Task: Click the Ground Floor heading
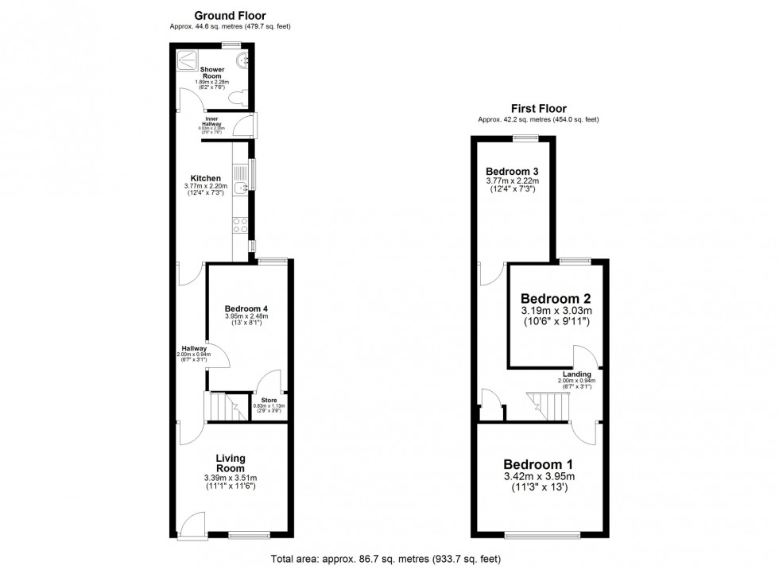point(230,15)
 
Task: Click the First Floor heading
point(537,109)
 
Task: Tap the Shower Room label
point(213,73)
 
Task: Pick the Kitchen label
point(205,178)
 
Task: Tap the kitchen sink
point(242,186)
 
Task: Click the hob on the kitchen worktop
point(238,225)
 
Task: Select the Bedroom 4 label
point(246,308)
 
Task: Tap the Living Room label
point(231,463)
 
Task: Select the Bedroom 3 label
point(512,172)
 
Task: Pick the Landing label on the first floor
point(576,374)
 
